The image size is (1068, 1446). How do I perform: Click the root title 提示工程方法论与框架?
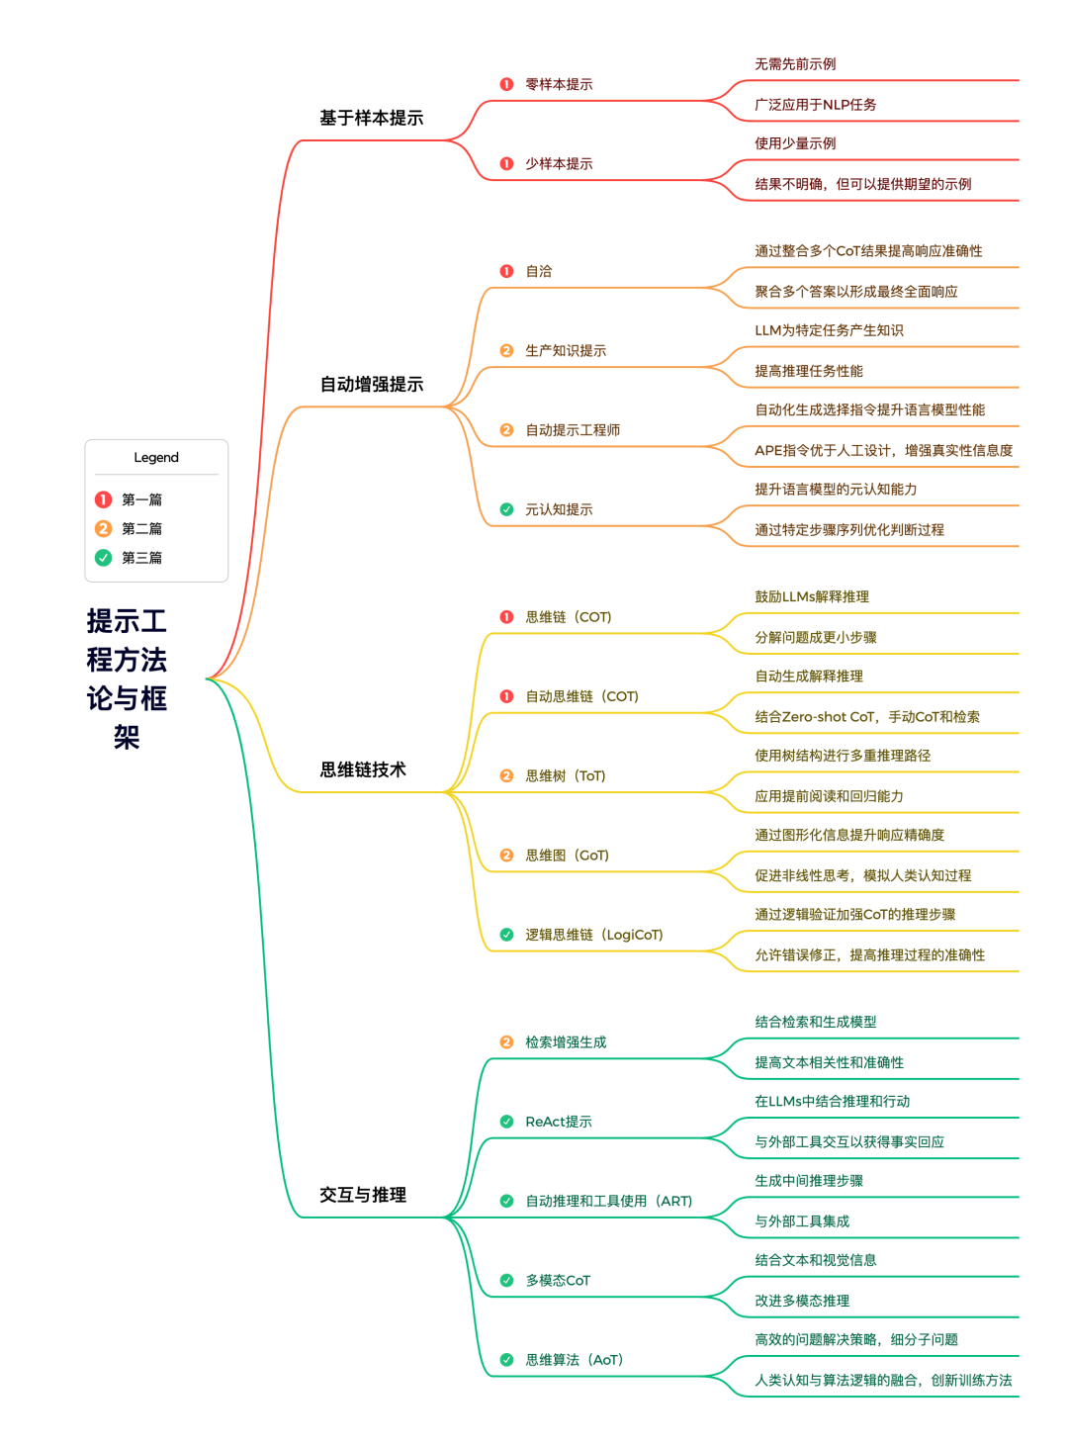127,678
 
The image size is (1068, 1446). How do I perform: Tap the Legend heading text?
156,457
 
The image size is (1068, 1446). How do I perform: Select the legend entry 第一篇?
141,499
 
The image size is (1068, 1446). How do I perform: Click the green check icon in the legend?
103,558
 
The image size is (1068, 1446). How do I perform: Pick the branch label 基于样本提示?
371,118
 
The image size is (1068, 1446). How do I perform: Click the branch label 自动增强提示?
371,384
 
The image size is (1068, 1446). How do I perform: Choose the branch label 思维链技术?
363,769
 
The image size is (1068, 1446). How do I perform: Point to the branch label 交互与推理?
363,1195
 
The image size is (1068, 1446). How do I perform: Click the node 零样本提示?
559,84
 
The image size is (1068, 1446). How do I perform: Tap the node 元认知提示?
559,509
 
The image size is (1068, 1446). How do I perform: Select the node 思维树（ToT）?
565,775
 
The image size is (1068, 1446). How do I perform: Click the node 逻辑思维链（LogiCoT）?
593,935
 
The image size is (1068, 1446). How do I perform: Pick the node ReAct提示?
559,1122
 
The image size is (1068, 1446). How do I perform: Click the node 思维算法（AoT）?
574,1360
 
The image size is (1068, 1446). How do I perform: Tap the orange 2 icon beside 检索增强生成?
506,1042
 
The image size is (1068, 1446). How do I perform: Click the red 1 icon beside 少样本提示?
506,164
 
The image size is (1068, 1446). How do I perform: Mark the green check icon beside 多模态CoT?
506,1281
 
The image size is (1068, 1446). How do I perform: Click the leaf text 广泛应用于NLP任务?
815,104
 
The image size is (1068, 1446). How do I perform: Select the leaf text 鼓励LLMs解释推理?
812,596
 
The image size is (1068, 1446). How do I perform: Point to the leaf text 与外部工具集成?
802,1221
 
